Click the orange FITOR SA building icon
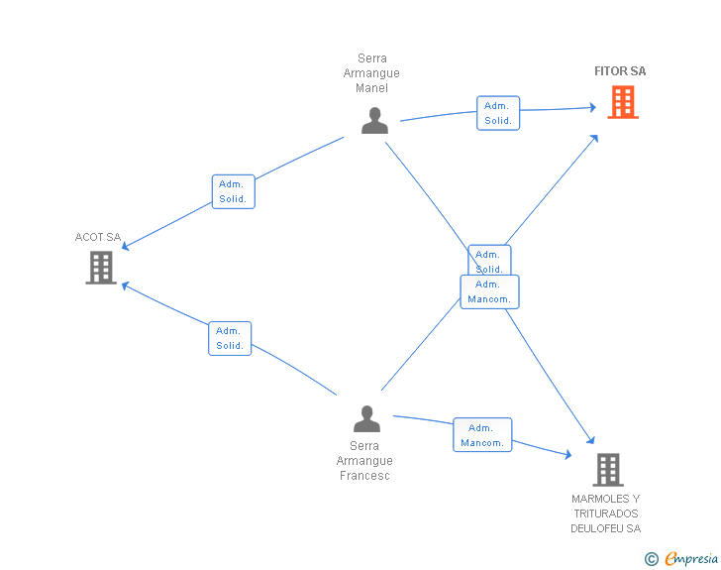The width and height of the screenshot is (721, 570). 622,102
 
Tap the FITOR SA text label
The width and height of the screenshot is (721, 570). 620,71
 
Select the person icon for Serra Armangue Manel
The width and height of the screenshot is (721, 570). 374,120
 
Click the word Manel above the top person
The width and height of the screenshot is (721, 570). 371,88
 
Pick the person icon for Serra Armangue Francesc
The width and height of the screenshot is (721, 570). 366,418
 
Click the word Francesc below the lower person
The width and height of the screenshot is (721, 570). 363,476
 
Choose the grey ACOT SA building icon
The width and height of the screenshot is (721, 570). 101,267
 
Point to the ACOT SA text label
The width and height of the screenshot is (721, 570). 98,237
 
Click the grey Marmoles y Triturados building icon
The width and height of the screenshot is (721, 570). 607,469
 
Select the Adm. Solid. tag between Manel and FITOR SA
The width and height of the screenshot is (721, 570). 497,113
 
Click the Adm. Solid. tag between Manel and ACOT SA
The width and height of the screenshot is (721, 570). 233,191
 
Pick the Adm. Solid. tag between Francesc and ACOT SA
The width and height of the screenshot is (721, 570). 230,338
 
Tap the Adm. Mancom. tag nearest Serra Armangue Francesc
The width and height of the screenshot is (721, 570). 482,435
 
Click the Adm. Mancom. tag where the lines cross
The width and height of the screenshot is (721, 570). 489,291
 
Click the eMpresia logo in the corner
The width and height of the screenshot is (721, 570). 690,559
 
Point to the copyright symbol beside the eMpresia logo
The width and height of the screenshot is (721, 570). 652,559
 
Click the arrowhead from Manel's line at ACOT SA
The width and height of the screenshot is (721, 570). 126,248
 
